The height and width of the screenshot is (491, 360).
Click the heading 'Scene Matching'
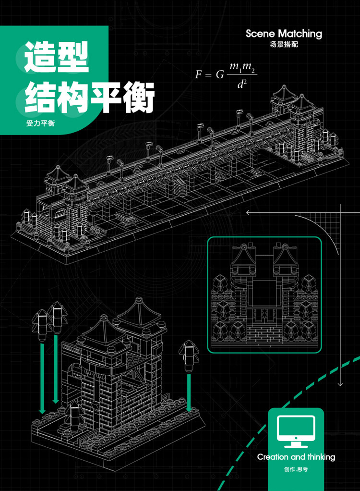tap(284, 34)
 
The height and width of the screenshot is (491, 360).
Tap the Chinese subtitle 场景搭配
tap(284, 45)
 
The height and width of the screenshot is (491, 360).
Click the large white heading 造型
tap(56, 57)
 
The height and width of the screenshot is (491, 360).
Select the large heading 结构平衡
tap(89, 97)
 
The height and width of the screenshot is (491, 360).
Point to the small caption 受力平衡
tap(40, 123)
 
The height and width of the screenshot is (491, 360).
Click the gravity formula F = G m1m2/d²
tap(226, 75)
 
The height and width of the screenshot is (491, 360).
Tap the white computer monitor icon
tap(296, 431)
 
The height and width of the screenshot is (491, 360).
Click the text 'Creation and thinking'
tap(296, 457)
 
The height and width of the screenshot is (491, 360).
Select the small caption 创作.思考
tap(296, 469)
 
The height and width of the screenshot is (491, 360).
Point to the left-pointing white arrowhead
tap(249, 213)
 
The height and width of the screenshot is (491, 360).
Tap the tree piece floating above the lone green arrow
tap(189, 356)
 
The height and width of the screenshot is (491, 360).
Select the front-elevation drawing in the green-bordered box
tap(264, 295)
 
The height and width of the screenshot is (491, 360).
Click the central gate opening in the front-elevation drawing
tap(264, 293)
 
